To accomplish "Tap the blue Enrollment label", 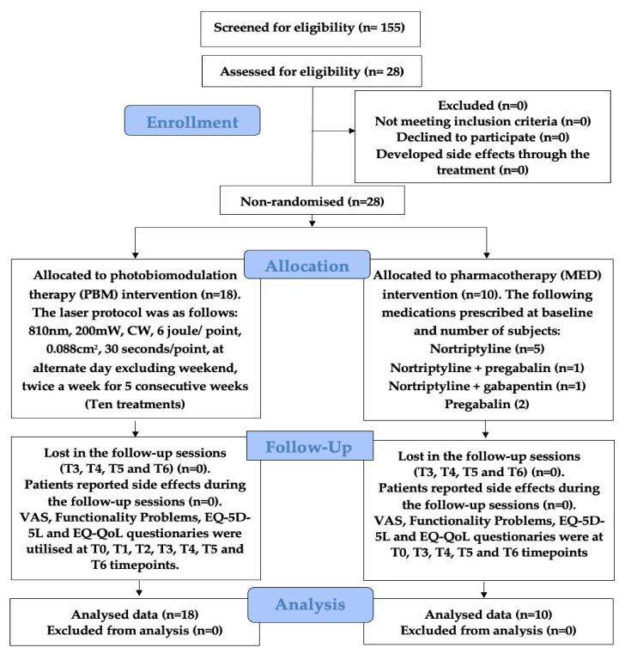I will pyautogui.click(x=191, y=121).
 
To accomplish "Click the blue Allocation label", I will pyautogui.click(x=308, y=266).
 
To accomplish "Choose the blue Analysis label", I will pyautogui.click(x=308, y=603).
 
